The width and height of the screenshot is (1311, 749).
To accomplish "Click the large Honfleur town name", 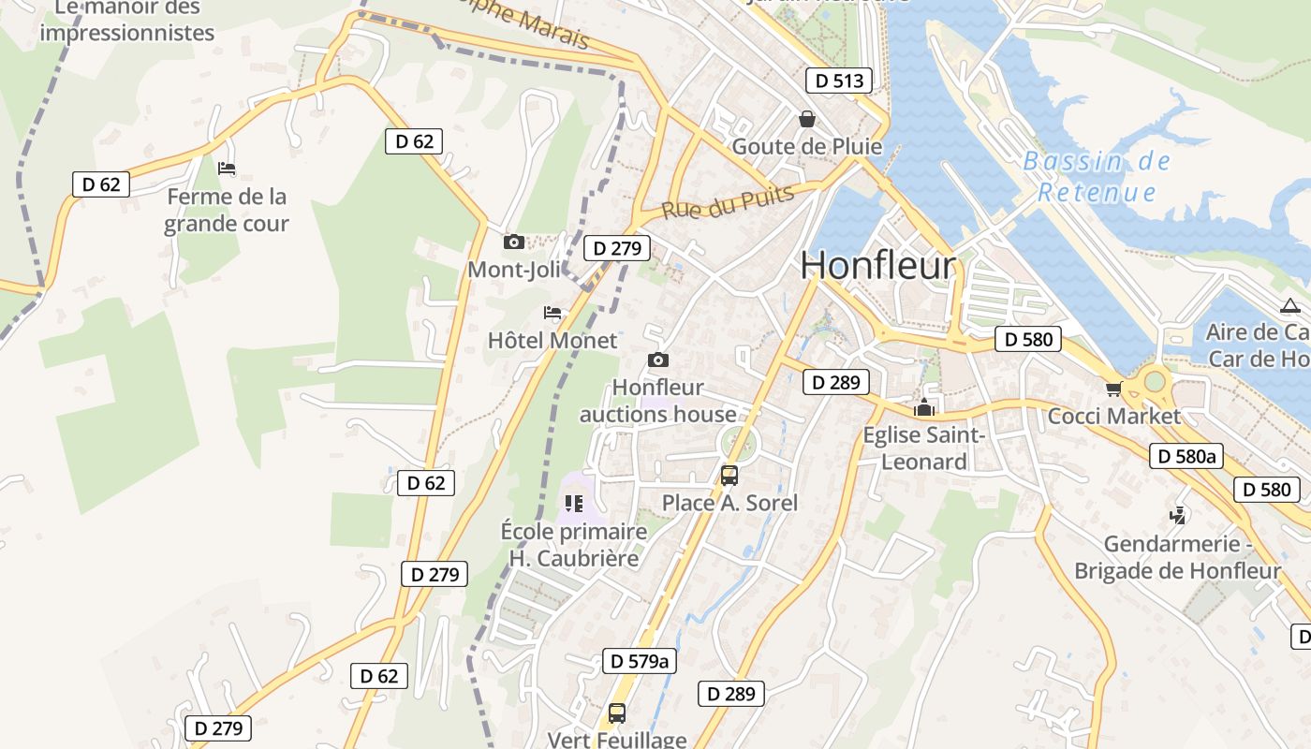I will [x=877, y=265].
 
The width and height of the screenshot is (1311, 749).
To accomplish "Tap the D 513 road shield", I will [x=839, y=81].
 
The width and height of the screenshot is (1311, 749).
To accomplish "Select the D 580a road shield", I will [x=1186, y=456].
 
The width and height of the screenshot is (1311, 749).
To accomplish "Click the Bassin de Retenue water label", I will [x=1097, y=177].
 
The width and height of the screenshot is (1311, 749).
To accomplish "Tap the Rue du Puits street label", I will [x=728, y=201].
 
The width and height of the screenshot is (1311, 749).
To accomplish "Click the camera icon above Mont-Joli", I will [x=513, y=242].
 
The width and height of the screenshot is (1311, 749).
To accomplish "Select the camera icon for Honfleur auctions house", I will [x=658, y=360].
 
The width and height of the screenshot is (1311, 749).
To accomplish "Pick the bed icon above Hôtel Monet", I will [x=552, y=313].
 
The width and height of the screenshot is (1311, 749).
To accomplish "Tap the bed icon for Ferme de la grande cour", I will [x=227, y=169].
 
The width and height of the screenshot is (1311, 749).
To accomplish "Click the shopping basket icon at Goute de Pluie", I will [x=806, y=119].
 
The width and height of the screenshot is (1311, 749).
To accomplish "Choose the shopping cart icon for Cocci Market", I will [x=1113, y=389].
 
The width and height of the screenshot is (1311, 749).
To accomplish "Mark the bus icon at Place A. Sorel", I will [x=729, y=476].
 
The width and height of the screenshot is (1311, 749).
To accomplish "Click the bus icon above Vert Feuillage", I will [x=616, y=712].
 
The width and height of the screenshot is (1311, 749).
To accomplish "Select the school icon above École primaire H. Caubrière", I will [x=574, y=505].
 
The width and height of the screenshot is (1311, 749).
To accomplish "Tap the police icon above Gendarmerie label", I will [x=1177, y=516].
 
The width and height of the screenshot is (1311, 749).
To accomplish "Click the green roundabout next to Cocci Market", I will [x=1155, y=381].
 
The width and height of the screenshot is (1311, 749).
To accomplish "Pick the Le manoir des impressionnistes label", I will [x=127, y=21].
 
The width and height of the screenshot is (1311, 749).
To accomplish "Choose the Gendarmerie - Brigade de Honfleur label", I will [x=1177, y=557].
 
